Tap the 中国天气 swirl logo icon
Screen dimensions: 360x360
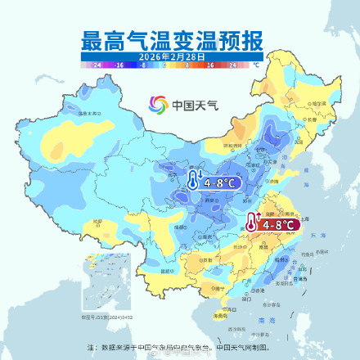(x=158, y=105)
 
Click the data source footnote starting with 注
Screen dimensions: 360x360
(x=179, y=346)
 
